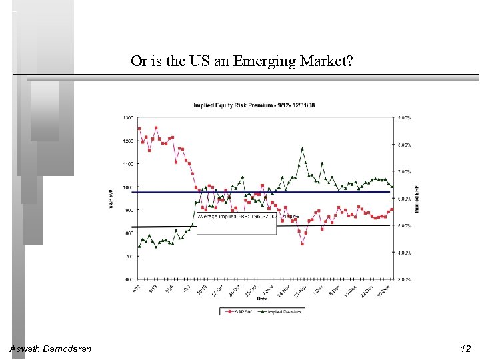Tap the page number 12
465,349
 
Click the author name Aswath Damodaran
51,349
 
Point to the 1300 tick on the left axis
128,117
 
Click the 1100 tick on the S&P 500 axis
128,163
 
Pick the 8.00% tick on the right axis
405,145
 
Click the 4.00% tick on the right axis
405,253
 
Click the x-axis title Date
262,299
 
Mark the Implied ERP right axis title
417,199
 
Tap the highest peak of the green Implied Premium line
302,149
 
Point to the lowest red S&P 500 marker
302,244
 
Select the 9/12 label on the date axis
137,289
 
